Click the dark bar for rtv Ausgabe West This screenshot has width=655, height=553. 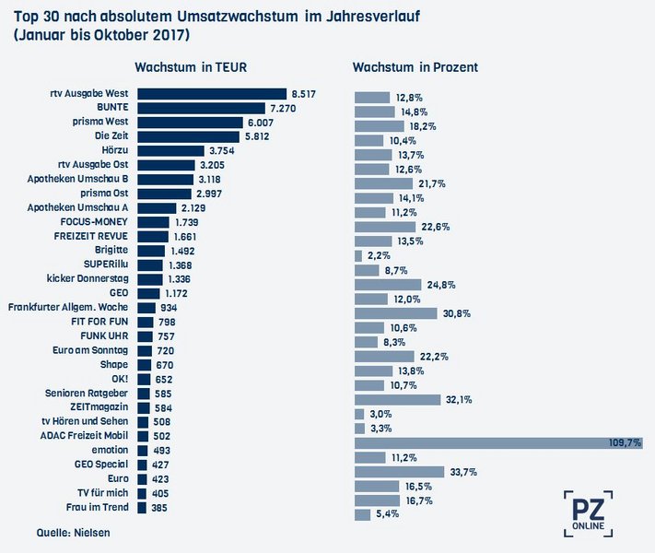click(212, 93)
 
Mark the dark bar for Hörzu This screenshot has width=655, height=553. click(170, 150)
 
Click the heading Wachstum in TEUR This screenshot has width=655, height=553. click(190, 67)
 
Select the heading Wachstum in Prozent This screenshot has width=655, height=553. click(415, 67)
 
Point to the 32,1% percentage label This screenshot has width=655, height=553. click(459, 399)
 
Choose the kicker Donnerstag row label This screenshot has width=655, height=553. click(91, 278)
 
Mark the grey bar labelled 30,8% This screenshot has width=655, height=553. click(396, 313)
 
